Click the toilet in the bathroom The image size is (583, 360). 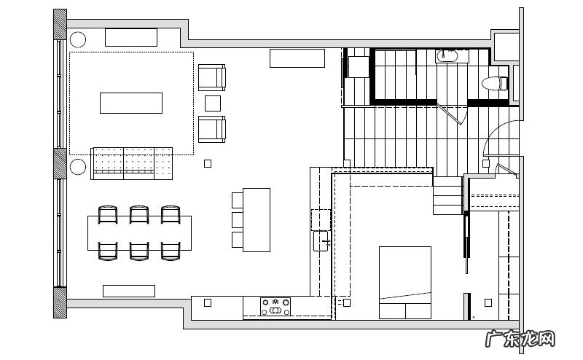[494, 83]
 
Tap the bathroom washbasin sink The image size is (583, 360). [447, 56]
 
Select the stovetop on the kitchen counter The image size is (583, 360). [275, 307]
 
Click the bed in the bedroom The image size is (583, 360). [405, 282]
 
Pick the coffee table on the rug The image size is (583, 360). [131, 103]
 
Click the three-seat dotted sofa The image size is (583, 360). [132, 163]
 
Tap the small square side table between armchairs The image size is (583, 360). [213, 103]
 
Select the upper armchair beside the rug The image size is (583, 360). [212, 77]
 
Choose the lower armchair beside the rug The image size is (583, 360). [212, 129]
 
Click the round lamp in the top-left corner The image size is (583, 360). [78, 39]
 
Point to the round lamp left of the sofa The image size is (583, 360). [78, 167]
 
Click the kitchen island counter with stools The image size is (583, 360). [257, 220]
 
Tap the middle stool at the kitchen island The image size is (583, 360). [238, 220]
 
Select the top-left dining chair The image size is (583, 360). [108, 214]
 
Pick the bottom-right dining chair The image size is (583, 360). [171, 251]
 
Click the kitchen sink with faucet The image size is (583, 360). [321, 241]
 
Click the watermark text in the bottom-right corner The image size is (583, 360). [520, 339]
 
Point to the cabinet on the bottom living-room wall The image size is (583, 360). [129, 291]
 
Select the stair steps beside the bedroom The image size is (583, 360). [447, 195]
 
